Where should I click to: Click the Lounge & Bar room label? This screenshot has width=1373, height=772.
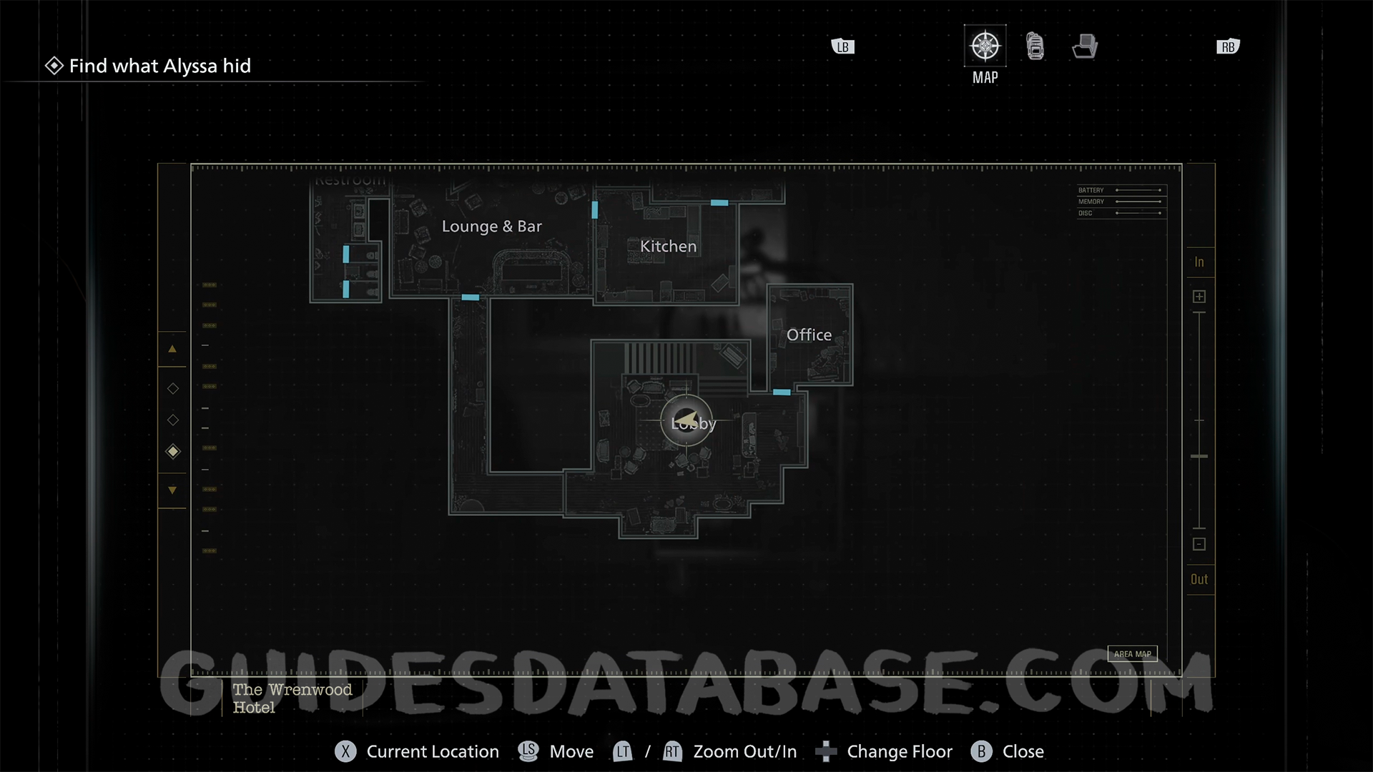tap(491, 227)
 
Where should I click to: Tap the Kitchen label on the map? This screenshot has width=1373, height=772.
tap(668, 247)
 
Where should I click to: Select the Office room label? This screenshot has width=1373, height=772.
tap(809, 335)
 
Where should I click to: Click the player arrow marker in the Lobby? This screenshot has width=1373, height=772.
tap(686, 420)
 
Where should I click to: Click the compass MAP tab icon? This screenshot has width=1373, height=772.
tap(985, 46)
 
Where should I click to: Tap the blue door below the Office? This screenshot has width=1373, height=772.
tap(782, 392)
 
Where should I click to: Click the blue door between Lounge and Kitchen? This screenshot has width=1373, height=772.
tap(594, 210)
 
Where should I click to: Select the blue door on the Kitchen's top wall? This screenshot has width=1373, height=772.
tap(719, 203)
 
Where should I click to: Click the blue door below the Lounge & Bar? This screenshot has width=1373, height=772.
tap(470, 297)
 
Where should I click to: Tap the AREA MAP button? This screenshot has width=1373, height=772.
tap(1132, 654)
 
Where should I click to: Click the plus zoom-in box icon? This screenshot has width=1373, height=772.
tap(1199, 297)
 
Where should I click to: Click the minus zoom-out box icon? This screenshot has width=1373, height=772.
tap(1199, 545)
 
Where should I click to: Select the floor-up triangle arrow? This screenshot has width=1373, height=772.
tap(172, 350)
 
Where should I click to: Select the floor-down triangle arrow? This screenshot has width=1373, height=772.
tap(172, 490)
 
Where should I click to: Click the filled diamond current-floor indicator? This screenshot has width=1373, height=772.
tap(173, 452)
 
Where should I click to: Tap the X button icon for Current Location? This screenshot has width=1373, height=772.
tap(345, 752)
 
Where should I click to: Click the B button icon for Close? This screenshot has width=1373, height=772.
tap(981, 752)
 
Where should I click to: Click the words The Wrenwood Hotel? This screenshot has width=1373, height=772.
tap(292, 698)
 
